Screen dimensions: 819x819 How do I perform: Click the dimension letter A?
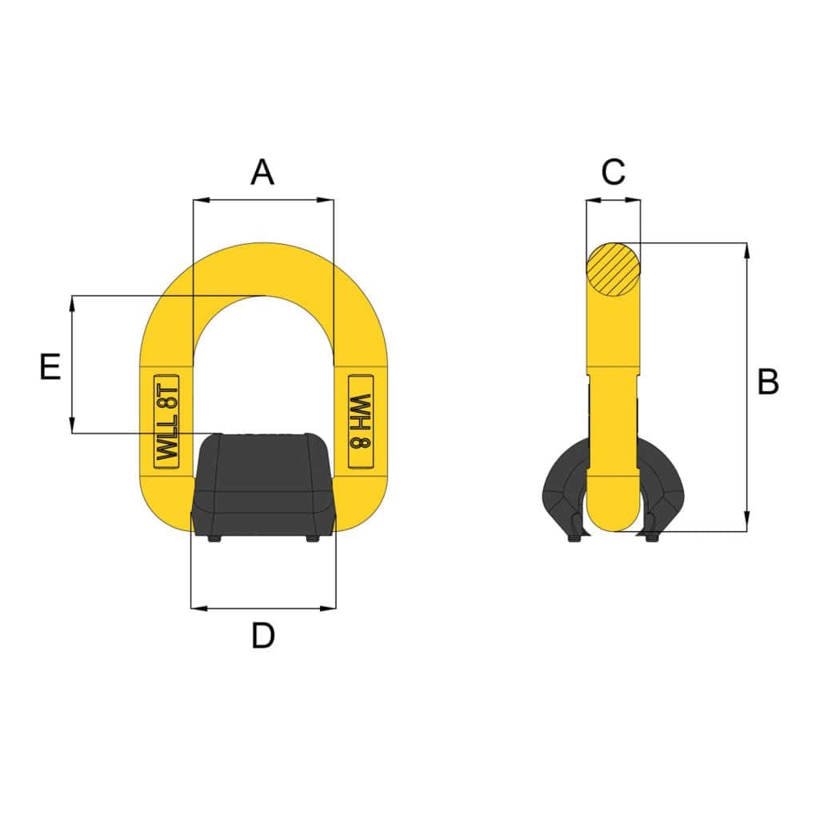point(262,173)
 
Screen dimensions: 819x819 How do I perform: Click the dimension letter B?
point(768,382)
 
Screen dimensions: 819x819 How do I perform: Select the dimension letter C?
point(613,172)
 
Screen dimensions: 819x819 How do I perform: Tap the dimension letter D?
point(262,636)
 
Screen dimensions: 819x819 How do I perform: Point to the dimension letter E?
point(50,366)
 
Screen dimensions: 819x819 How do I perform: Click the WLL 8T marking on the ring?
point(167,421)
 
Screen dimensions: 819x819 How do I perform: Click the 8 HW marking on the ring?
point(361,421)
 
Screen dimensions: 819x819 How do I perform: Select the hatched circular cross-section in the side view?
point(613,269)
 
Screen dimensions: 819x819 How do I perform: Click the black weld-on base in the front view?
point(262,484)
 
